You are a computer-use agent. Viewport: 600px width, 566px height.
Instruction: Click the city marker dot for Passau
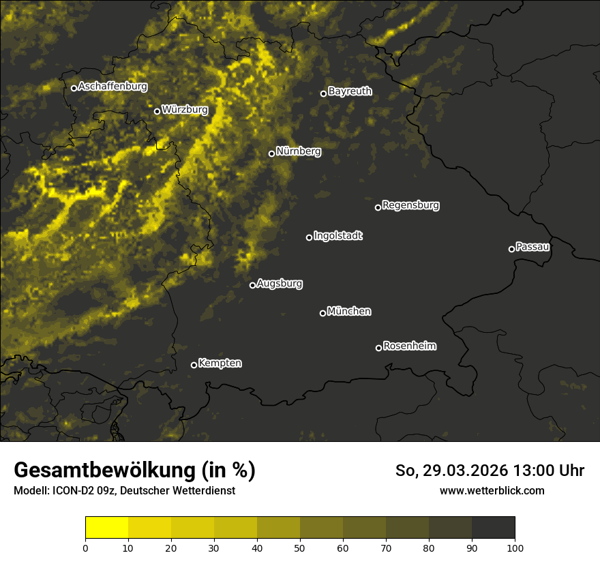pos(511,249)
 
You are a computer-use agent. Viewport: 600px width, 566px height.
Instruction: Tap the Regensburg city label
pos(410,205)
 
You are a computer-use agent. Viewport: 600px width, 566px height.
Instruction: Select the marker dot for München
pos(322,313)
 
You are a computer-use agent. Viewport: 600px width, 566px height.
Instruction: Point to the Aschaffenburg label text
pos(112,87)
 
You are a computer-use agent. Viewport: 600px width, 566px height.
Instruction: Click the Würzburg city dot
pos(157,111)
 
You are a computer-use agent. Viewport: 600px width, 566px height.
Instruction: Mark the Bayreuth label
pos(350,91)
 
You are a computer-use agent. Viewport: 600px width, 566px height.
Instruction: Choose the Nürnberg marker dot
pos(271,153)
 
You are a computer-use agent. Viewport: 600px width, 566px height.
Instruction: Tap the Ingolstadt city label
pos(338,235)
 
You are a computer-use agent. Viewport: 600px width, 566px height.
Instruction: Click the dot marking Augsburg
pos(252,285)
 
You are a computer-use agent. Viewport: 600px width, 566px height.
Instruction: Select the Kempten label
pos(220,363)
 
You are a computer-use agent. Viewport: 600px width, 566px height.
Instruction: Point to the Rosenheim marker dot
pos(378,348)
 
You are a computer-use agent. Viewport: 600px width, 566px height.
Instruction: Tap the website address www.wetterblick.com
pos(492,490)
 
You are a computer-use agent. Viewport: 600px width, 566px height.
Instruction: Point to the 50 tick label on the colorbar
pos(300,548)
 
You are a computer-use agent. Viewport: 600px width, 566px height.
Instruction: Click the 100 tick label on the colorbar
pos(514,548)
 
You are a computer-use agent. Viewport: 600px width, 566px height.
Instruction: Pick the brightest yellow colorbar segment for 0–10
pos(107,528)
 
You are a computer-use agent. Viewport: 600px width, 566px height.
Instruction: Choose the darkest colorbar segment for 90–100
pos(493,528)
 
